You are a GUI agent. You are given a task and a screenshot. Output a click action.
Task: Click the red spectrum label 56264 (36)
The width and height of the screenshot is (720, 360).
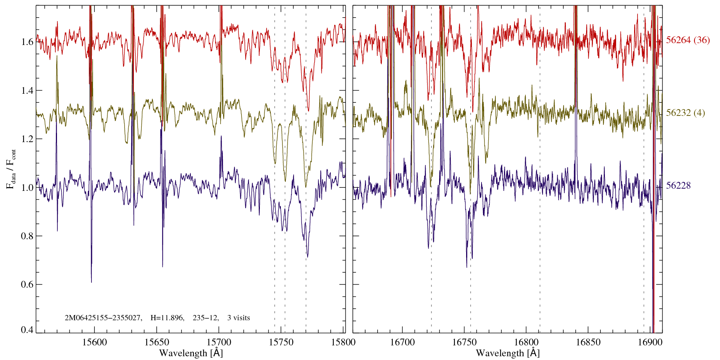coord(688,40)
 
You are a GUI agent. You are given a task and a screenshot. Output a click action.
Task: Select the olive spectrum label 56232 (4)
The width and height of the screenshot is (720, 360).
coord(685,113)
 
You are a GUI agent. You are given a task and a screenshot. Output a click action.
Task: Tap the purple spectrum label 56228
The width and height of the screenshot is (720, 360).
coord(678,186)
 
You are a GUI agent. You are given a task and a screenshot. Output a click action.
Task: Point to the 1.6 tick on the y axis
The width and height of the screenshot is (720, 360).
coord(27,42)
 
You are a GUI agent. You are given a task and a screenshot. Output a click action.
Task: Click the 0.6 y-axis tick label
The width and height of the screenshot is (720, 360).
coord(27,284)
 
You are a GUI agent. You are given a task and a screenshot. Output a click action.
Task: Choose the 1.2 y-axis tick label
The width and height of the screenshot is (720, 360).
coord(27,139)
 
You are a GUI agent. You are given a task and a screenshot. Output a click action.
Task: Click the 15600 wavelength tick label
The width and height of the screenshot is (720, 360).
coord(94,342)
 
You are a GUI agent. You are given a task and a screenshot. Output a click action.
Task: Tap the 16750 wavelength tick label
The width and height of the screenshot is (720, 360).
coord(464,342)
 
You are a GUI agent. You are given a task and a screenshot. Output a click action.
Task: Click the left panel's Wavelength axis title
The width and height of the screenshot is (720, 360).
coord(191,353)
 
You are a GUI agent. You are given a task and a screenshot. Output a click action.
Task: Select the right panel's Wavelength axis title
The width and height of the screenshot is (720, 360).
coord(508,353)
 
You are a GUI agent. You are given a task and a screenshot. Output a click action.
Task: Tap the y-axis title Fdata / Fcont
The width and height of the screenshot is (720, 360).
coord(12,169)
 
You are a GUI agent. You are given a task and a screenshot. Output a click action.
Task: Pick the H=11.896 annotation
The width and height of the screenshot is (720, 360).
coord(167,318)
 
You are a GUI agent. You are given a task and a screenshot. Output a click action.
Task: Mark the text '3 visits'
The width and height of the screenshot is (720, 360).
coord(238,318)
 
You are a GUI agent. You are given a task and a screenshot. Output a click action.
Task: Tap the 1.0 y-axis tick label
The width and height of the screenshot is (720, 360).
coord(27,187)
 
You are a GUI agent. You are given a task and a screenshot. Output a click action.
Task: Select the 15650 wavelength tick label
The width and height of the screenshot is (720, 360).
coord(157,342)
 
